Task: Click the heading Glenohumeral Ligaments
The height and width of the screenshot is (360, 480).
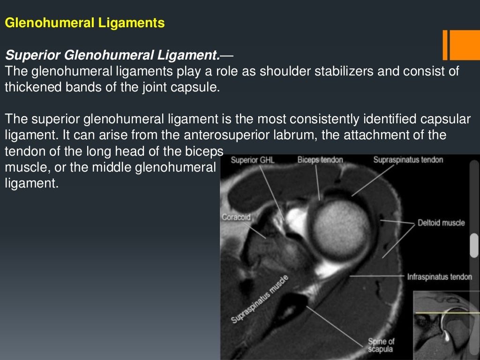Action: point(85,23)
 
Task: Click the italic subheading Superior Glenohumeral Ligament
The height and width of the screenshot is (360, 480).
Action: point(112,56)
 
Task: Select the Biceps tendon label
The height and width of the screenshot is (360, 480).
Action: point(320,160)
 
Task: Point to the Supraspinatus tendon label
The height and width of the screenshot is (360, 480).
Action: point(408,160)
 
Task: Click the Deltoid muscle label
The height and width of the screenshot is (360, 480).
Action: point(441,223)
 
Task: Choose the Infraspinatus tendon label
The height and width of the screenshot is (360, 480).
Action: point(439,277)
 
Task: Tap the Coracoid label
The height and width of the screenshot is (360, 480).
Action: point(236,217)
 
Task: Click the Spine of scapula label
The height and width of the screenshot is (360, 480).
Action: point(380,345)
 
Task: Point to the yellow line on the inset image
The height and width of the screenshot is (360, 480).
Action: point(445,313)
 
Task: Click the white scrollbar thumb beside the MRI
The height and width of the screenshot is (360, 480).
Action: point(474,245)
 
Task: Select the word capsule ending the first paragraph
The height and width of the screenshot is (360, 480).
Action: point(200,87)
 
